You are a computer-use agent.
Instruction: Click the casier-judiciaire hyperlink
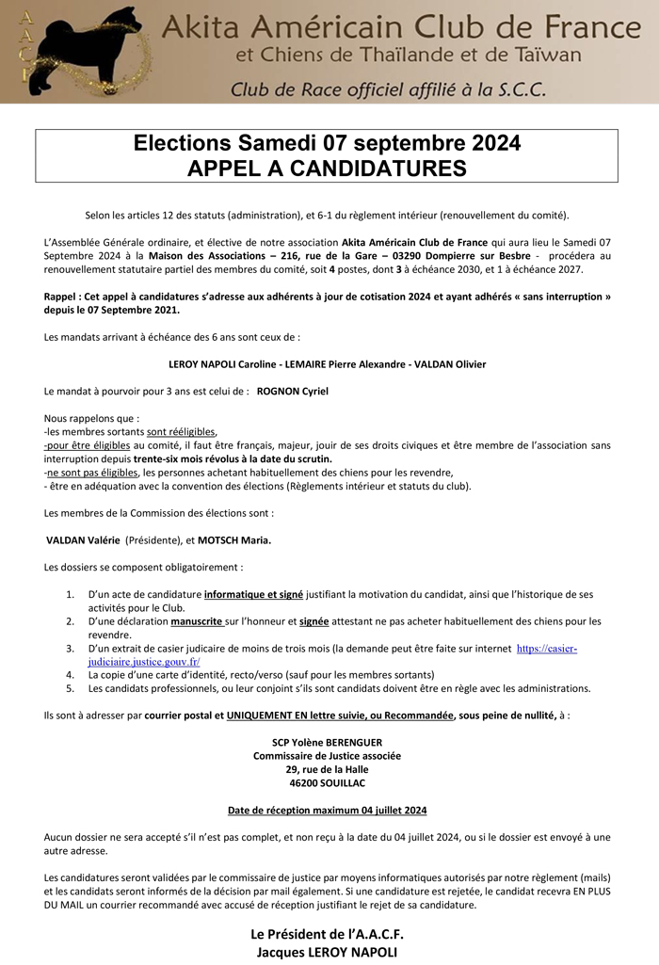[546, 650]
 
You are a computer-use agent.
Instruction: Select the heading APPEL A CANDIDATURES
[327, 169]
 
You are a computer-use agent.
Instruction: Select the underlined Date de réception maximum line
[327, 810]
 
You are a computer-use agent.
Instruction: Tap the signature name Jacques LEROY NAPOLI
[327, 952]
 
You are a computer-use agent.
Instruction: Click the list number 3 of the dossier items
[71, 650]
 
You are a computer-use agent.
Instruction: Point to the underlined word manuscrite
[196, 622]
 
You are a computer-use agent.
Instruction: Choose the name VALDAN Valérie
[83, 540]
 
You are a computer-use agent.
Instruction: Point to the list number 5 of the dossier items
[71, 689]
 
